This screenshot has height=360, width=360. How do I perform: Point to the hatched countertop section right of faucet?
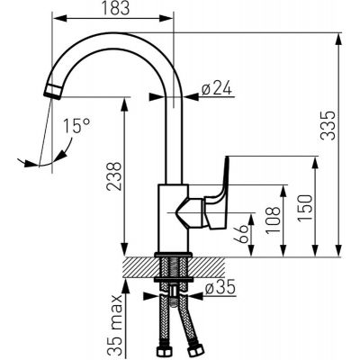(x=211, y=267)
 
